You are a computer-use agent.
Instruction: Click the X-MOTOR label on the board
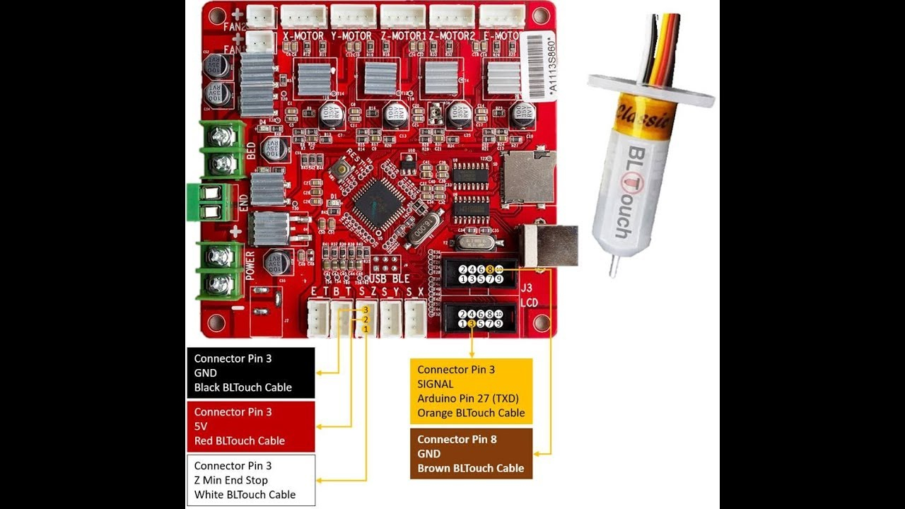(303, 35)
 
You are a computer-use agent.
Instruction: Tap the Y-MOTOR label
(351, 35)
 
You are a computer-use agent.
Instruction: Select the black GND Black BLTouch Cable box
(250, 373)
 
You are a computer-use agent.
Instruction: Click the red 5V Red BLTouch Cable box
(250, 426)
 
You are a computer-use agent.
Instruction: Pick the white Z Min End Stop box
(250, 480)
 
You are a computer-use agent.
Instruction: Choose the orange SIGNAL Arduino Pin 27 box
(471, 391)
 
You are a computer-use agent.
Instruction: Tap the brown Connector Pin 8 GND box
(471, 453)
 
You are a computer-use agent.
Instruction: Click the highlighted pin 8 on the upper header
(489, 269)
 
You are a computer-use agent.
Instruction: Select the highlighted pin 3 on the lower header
(472, 324)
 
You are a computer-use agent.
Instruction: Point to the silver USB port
(550, 245)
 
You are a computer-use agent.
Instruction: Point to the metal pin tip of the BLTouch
(614, 267)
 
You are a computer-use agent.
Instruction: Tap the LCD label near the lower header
(529, 303)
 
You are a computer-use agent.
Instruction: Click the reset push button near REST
(341, 168)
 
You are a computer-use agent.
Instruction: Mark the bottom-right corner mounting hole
(542, 323)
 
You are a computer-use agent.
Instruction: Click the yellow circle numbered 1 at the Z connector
(366, 329)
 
